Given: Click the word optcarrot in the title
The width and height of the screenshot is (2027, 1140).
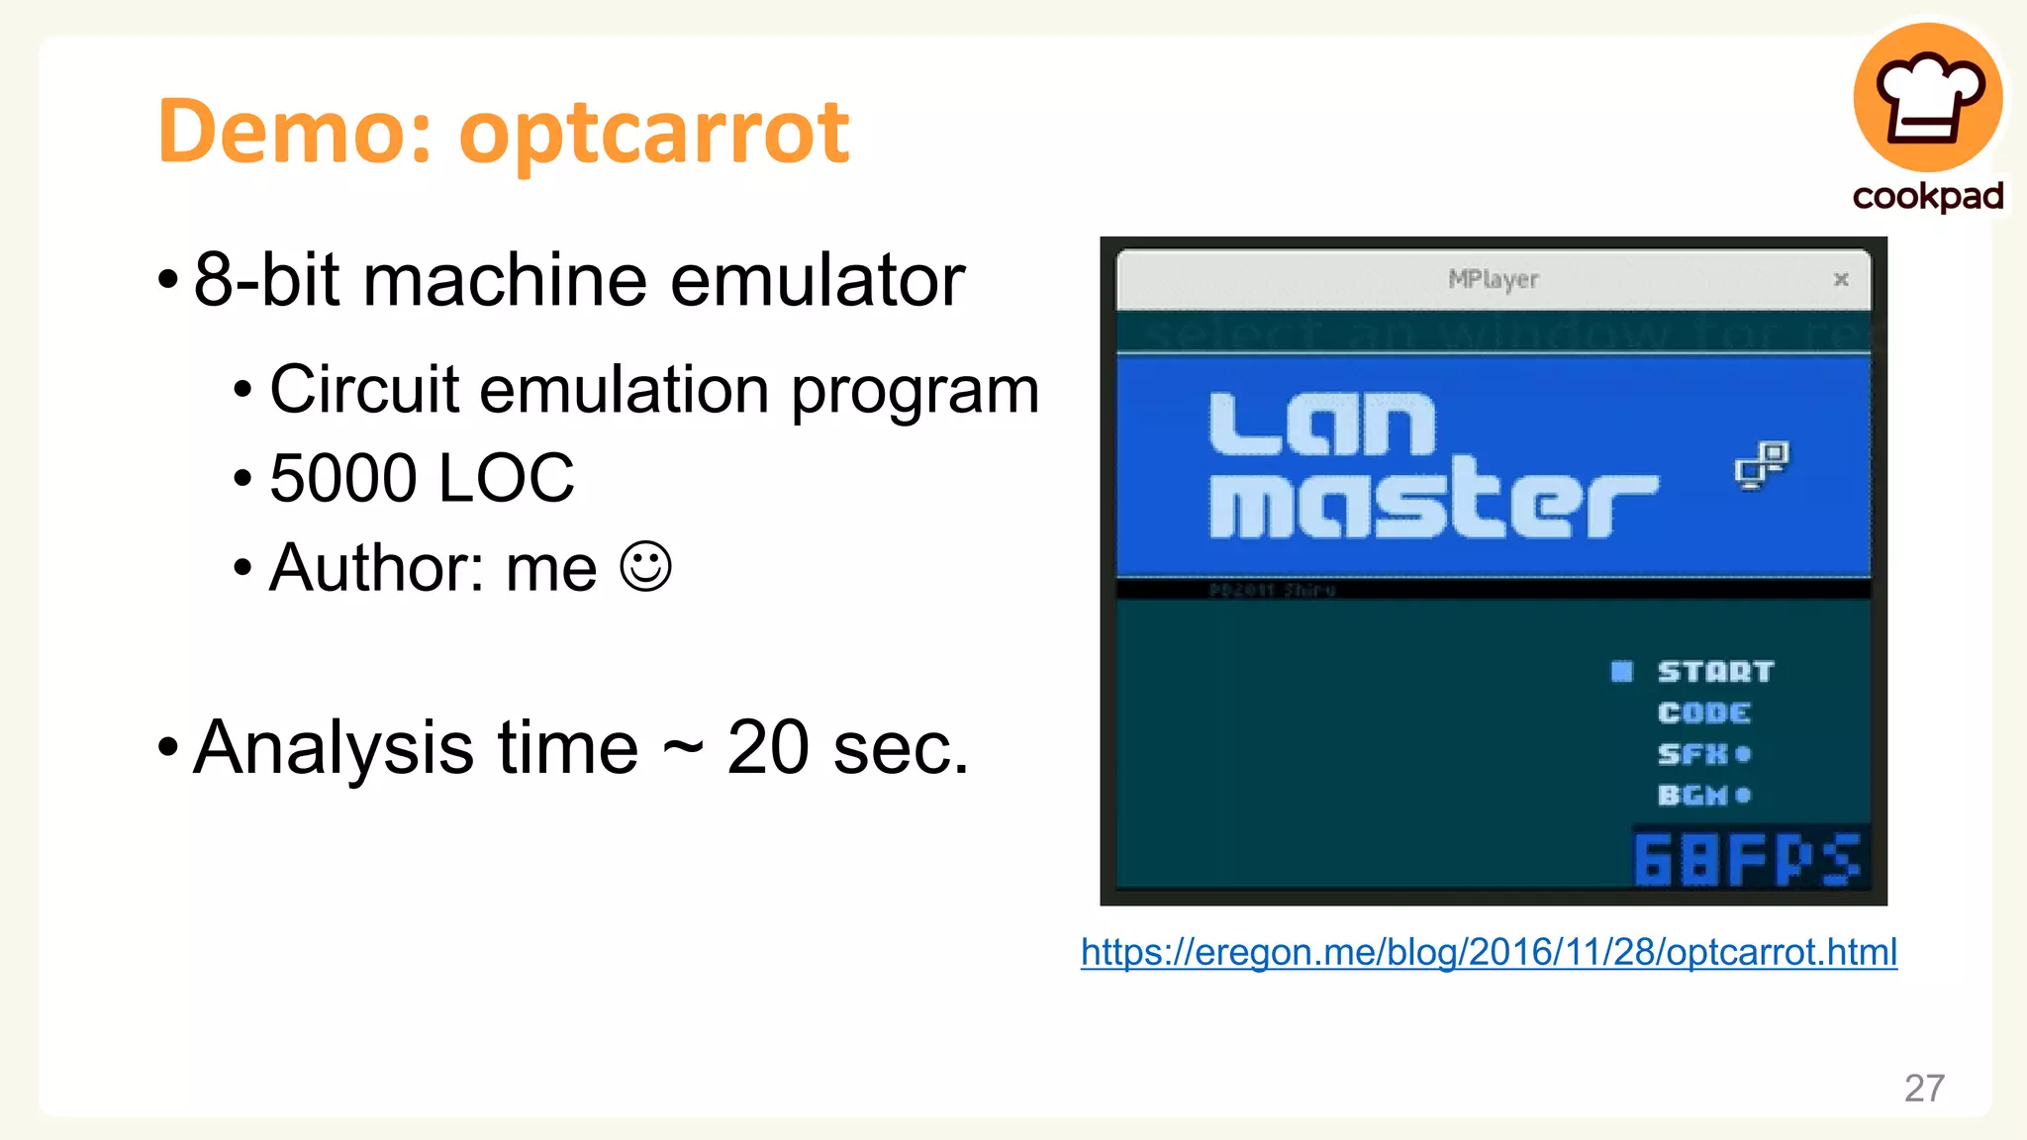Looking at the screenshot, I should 653,134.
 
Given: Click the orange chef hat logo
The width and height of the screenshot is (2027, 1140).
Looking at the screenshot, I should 1927,97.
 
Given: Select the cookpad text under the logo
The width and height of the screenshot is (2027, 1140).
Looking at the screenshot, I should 1927,196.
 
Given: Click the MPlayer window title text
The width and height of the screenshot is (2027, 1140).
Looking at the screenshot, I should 1493,280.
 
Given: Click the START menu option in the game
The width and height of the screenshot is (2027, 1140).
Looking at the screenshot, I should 1715,672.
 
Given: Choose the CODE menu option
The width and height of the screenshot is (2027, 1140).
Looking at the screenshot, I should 1703,713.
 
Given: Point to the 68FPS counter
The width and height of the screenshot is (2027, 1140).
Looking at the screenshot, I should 1747,858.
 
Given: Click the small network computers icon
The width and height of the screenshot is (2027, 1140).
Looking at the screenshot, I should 1762,464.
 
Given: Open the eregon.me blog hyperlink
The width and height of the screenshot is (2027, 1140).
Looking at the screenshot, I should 1489,952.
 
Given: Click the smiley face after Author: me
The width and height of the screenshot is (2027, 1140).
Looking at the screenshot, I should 645,567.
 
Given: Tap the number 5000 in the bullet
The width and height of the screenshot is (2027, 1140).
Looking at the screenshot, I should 342,478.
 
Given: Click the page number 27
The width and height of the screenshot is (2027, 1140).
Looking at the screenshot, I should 1924,1088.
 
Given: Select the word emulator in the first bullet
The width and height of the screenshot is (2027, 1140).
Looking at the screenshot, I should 817,280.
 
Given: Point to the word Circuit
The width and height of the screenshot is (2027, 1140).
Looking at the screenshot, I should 363,389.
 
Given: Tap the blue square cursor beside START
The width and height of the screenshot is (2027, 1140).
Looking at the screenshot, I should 1621,672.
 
